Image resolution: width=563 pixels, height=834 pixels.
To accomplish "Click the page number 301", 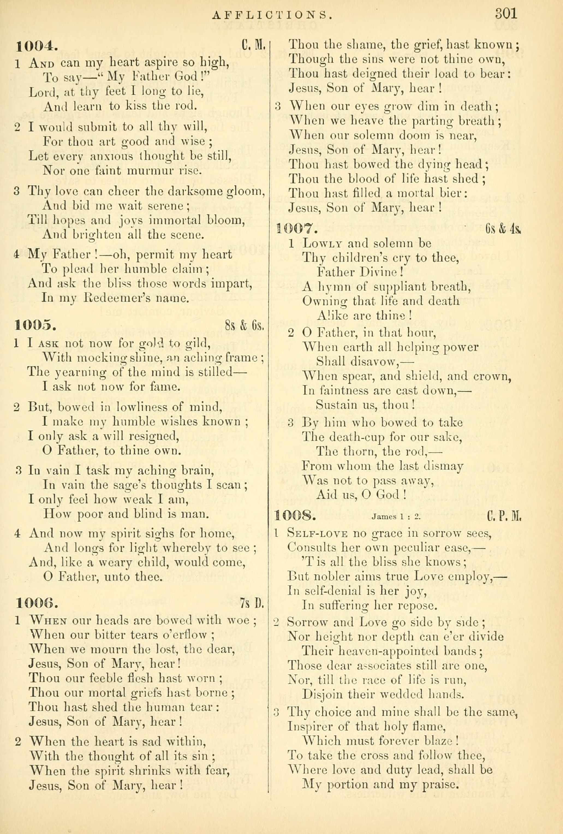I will (506, 14).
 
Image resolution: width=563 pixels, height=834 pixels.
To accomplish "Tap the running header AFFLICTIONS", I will (271, 15).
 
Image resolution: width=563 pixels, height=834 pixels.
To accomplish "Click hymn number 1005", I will (35, 325).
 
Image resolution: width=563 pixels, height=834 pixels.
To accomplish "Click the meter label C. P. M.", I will (504, 517).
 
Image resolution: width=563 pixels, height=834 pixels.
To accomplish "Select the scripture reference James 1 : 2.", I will (396, 517).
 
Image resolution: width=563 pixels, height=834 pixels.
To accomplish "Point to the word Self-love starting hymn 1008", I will (317, 534).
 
